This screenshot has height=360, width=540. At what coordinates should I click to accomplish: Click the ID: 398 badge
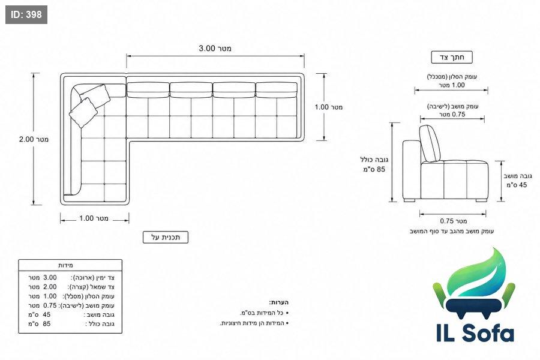click(26, 14)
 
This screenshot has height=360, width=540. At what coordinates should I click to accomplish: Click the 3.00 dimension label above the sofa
click(215, 48)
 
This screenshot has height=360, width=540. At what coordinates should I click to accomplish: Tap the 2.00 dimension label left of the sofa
click(34, 139)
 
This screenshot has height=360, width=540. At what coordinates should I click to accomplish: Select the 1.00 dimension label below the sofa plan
click(94, 218)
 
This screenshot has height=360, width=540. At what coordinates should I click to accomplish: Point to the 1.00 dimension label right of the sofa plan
click(329, 107)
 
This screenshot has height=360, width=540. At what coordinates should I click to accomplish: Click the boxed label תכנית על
click(166, 237)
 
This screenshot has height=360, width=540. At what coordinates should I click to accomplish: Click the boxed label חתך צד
click(452, 57)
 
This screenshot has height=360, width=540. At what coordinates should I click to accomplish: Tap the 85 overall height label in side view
click(374, 169)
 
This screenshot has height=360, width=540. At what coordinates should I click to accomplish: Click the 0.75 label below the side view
click(453, 221)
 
